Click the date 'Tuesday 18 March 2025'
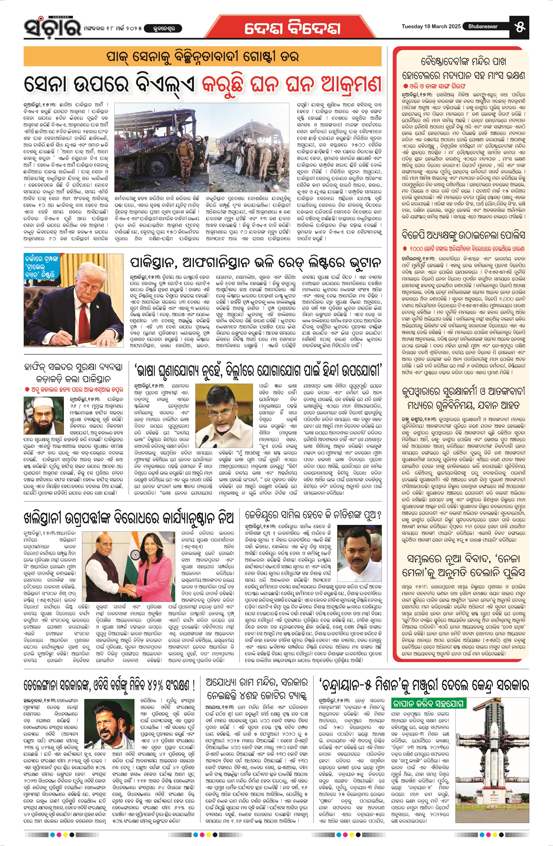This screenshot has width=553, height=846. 431,26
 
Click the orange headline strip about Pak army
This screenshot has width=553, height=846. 203,56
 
